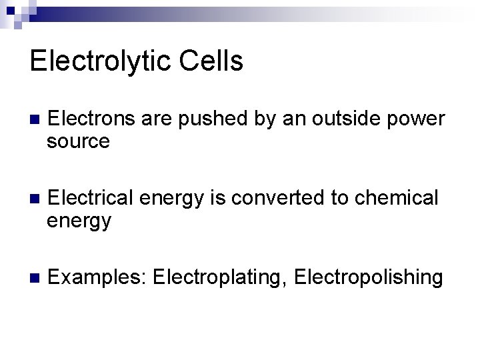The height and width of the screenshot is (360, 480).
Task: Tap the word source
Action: (x=79, y=141)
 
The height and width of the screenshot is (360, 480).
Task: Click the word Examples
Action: (x=97, y=277)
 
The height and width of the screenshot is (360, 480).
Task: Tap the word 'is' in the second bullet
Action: (x=201, y=198)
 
